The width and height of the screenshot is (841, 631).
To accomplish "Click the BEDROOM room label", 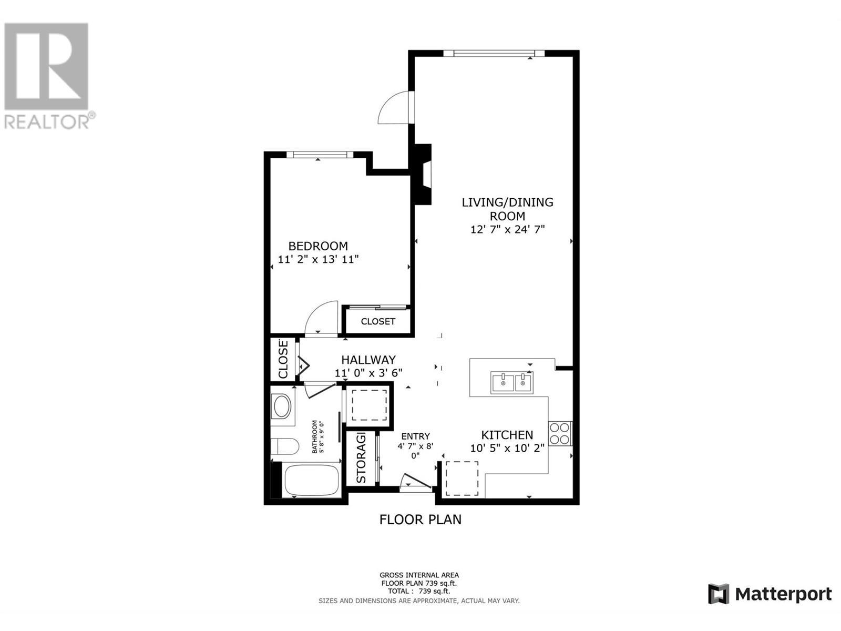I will pos(318,246).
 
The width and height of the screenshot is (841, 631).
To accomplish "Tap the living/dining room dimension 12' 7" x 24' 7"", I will pos(507,229).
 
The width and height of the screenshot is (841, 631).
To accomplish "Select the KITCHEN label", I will pos(507,435).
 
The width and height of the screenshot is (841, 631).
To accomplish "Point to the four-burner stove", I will pos(560,434).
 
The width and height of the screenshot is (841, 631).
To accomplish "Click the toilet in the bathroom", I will pos(284,446).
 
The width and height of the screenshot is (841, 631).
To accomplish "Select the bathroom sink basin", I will pos(282,406).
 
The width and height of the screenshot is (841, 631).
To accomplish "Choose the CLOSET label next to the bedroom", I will pos(378,321).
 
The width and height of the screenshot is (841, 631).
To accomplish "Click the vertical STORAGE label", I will pos(361,459).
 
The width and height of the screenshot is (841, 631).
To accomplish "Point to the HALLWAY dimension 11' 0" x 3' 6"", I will pos(368,373).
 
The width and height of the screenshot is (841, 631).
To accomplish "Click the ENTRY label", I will pos(415,436).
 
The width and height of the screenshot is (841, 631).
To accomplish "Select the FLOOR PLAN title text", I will pos(420,520).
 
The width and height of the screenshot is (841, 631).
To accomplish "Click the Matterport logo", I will pos(770,594).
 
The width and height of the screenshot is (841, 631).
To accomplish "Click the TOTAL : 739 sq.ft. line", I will pos(419,591).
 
